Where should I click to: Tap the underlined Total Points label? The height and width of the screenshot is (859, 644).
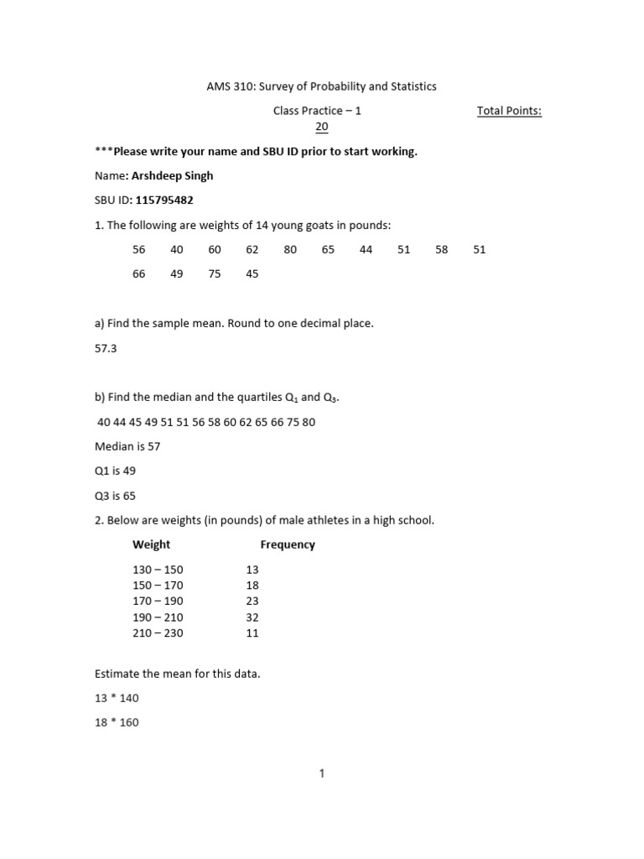509,111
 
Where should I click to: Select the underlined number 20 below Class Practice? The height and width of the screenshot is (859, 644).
321,127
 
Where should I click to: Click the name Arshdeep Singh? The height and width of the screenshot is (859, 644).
172,176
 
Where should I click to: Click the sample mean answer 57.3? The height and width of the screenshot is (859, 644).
106,348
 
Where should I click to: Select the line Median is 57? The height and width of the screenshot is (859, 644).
127,446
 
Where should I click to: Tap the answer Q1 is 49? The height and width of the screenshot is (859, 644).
115,471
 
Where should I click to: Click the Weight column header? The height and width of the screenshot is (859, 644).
151,544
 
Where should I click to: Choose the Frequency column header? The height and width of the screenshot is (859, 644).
288,544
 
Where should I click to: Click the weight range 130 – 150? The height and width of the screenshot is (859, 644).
158,570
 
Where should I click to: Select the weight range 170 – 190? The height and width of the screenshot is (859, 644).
158,601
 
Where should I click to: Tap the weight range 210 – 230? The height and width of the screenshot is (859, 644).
158,633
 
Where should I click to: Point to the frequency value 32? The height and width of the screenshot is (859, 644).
252,617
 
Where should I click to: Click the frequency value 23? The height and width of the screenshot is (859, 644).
252,601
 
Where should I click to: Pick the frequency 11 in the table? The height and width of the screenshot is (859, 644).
252,633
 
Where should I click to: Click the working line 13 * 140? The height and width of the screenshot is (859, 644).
117,698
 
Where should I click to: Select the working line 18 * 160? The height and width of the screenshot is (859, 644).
117,722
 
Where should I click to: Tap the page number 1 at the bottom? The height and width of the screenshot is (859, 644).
321,774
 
